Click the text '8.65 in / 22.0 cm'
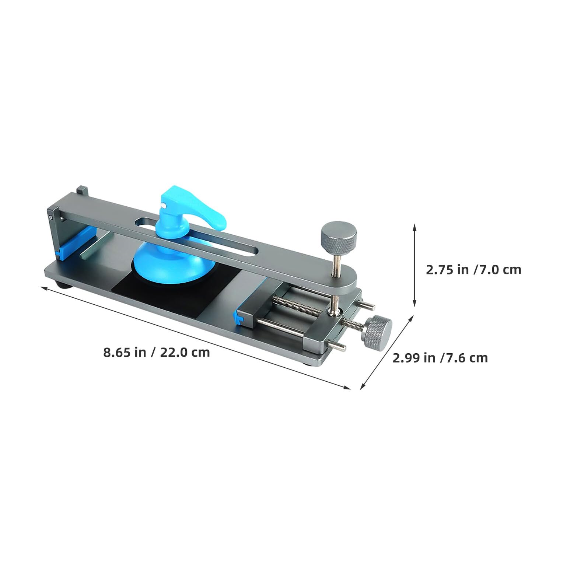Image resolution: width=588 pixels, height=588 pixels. pyautogui.click(x=156, y=353)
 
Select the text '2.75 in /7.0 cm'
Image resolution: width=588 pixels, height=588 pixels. pyautogui.click(x=473, y=270)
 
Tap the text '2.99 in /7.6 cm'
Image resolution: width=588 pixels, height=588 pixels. pyautogui.click(x=440, y=358)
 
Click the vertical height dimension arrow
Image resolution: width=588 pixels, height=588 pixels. pyautogui.click(x=414, y=265)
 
